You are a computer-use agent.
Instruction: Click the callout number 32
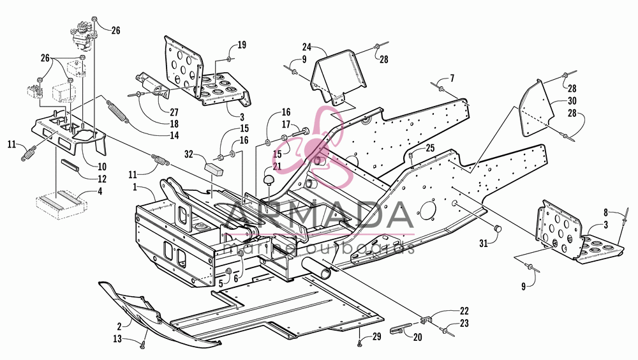tap(188, 154)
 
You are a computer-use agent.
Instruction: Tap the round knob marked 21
tap(268, 181)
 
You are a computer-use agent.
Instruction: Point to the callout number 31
tap(484, 244)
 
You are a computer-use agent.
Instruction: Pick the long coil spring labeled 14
tap(118, 111)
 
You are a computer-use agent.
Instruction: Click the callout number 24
tap(307, 47)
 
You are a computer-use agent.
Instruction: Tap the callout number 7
tap(452, 78)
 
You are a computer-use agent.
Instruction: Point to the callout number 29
tap(377, 337)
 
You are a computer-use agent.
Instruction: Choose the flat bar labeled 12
tap(71, 166)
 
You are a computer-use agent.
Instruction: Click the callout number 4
tap(100, 191)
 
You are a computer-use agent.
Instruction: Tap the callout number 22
tap(464, 311)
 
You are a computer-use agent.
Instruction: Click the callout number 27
tap(174, 112)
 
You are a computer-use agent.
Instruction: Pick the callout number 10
tap(101, 166)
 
